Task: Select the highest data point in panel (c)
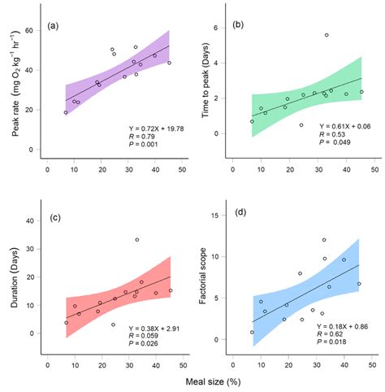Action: coord(136,240)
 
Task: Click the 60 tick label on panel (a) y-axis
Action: coord(37,30)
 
